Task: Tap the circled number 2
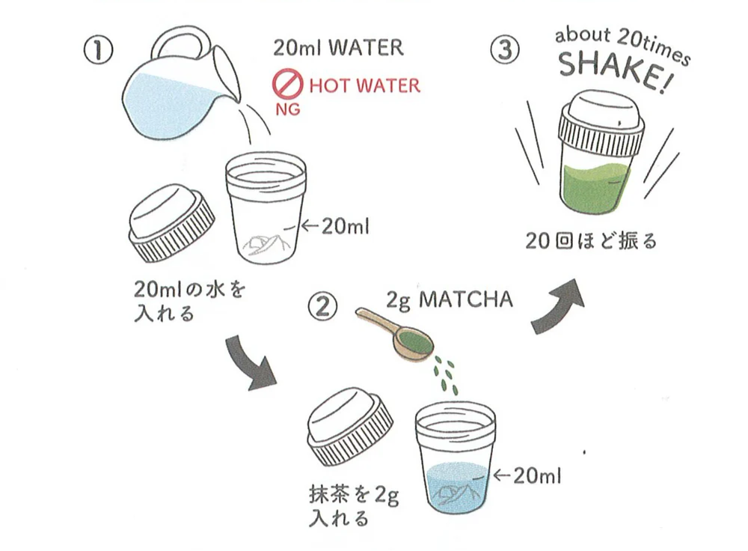pos(325,306)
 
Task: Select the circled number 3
pos(503,51)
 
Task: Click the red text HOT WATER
pos(364,85)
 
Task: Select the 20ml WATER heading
pos(338,48)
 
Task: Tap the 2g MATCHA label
pos(450,300)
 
